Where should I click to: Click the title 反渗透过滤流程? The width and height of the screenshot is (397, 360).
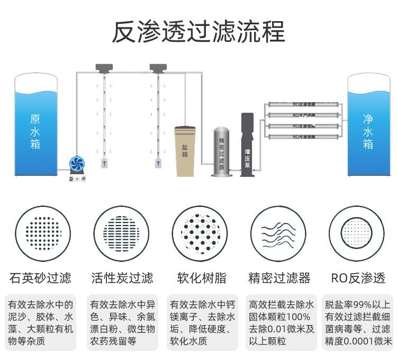198,31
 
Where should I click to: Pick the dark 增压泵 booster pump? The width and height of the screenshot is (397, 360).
247,146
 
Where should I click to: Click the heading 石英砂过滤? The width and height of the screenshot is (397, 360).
41,278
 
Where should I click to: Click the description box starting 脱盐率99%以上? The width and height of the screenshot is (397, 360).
358,322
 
